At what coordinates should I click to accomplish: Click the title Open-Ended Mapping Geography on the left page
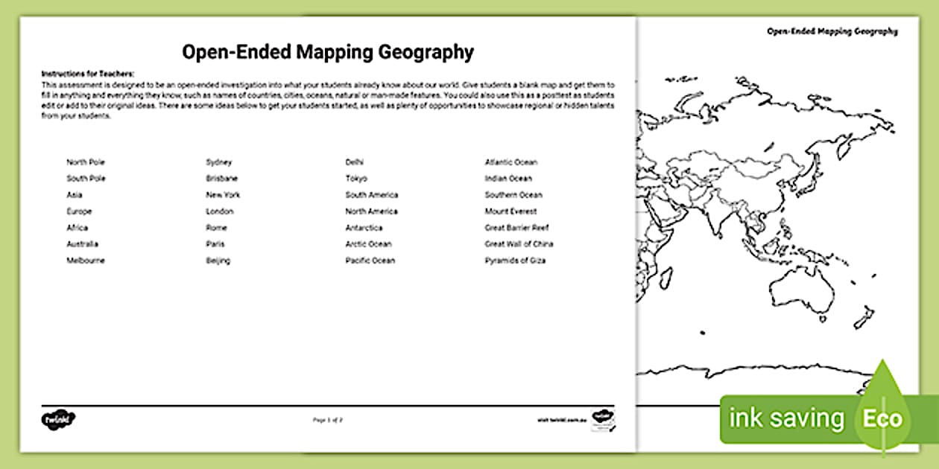tap(328, 52)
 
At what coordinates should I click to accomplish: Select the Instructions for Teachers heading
tap(87, 74)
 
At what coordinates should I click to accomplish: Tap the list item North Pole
tap(86, 162)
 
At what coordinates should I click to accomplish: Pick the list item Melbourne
tap(86, 261)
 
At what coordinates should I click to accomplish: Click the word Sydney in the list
tap(219, 162)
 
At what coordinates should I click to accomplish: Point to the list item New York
tap(223, 195)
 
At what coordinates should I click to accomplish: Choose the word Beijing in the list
tap(218, 261)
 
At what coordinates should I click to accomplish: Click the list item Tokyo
tap(356, 179)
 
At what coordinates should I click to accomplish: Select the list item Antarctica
tap(364, 228)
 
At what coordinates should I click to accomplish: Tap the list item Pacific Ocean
tap(370, 261)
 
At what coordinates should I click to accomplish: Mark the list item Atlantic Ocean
tap(510, 162)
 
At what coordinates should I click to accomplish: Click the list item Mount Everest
tap(510, 211)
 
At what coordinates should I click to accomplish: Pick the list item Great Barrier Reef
tap(516, 228)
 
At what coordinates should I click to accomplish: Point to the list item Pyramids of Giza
tap(515, 261)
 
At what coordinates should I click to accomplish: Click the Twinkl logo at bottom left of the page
tap(59, 418)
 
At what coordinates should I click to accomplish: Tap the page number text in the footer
tap(328, 420)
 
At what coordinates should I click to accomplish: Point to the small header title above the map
tap(832, 31)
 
